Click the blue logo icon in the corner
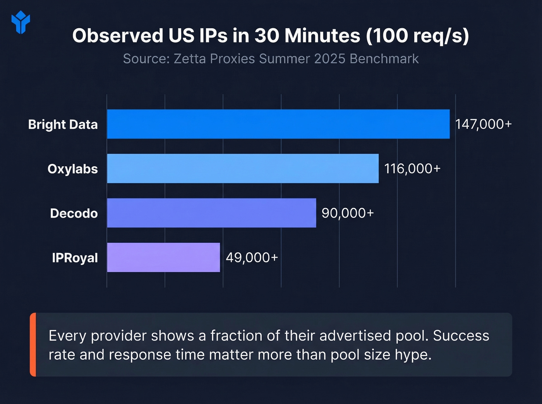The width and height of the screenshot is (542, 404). click(21, 22)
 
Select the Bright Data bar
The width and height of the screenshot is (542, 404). click(278, 124)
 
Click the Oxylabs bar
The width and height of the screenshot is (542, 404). click(243, 169)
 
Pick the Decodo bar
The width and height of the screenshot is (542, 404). click(211, 213)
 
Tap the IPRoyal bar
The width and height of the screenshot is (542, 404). click(163, 257)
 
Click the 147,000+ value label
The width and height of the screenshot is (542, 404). click(483, 124)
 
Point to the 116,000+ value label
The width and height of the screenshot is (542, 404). click(412, 169)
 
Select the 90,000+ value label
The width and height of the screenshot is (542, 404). click(348, 213)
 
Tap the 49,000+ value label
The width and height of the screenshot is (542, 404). click(252, 257)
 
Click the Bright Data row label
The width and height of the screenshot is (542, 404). click(63, 124)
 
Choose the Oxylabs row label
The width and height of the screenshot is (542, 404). click(72, 169)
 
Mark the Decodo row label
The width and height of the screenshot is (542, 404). click(74, 213)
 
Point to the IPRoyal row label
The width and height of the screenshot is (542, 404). click(75, 258)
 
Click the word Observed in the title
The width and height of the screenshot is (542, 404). click(118, 36)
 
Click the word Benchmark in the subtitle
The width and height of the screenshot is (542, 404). click(384, 59)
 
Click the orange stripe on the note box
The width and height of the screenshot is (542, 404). click(33, 344)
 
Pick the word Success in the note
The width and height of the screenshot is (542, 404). click(461, 336)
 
